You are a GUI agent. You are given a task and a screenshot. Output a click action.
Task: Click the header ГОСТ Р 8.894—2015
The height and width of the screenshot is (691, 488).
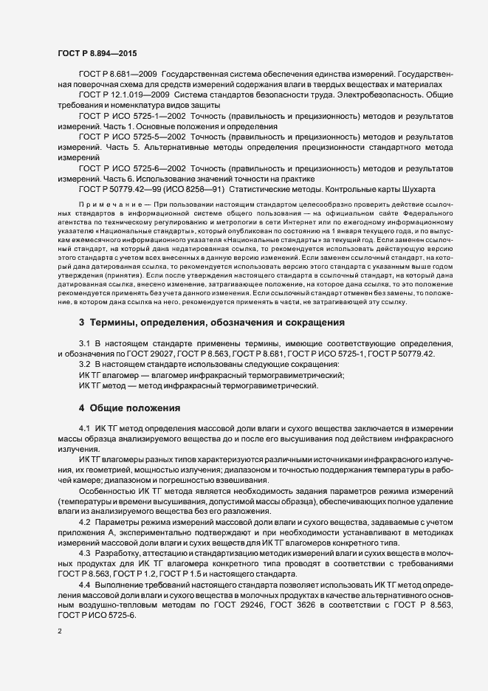[97, 53]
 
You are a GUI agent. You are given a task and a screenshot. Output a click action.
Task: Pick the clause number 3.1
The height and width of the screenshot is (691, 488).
[85, 344]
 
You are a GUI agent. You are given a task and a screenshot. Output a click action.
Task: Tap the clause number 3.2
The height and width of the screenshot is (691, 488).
[85, 365]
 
